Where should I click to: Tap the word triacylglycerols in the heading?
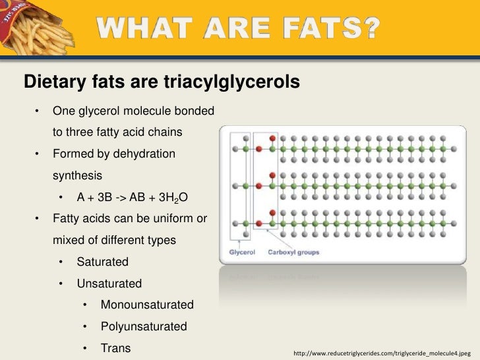click(227, 81)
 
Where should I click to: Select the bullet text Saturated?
click(102, 262)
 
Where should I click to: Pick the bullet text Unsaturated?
click(109, 284)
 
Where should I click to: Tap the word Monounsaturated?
click(147, 305)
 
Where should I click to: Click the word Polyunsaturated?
click(144, 326)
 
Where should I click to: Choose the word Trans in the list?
click(115, 347)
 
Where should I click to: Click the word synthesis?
click(77, 176)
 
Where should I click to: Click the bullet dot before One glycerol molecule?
click(39, 111)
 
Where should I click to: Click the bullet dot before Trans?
click(86, 347)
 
